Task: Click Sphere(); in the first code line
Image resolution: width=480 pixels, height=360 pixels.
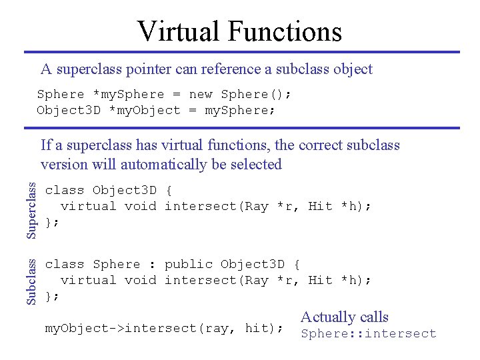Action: pyautogui.click(x=256, y=94)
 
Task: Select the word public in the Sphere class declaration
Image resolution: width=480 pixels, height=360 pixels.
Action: pyautogui.click(x=189, y=264)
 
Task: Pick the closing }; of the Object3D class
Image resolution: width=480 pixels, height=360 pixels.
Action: pyautogui.click(x=53, y=222)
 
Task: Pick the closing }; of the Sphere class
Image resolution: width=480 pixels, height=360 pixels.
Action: pyautogui.click(x=53, y=296)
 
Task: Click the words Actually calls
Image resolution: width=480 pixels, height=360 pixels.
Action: pyautogui.click(x=344, y=317)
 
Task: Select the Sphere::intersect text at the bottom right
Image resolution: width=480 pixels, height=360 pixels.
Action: pyautogui.click(x=368, y=334)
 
